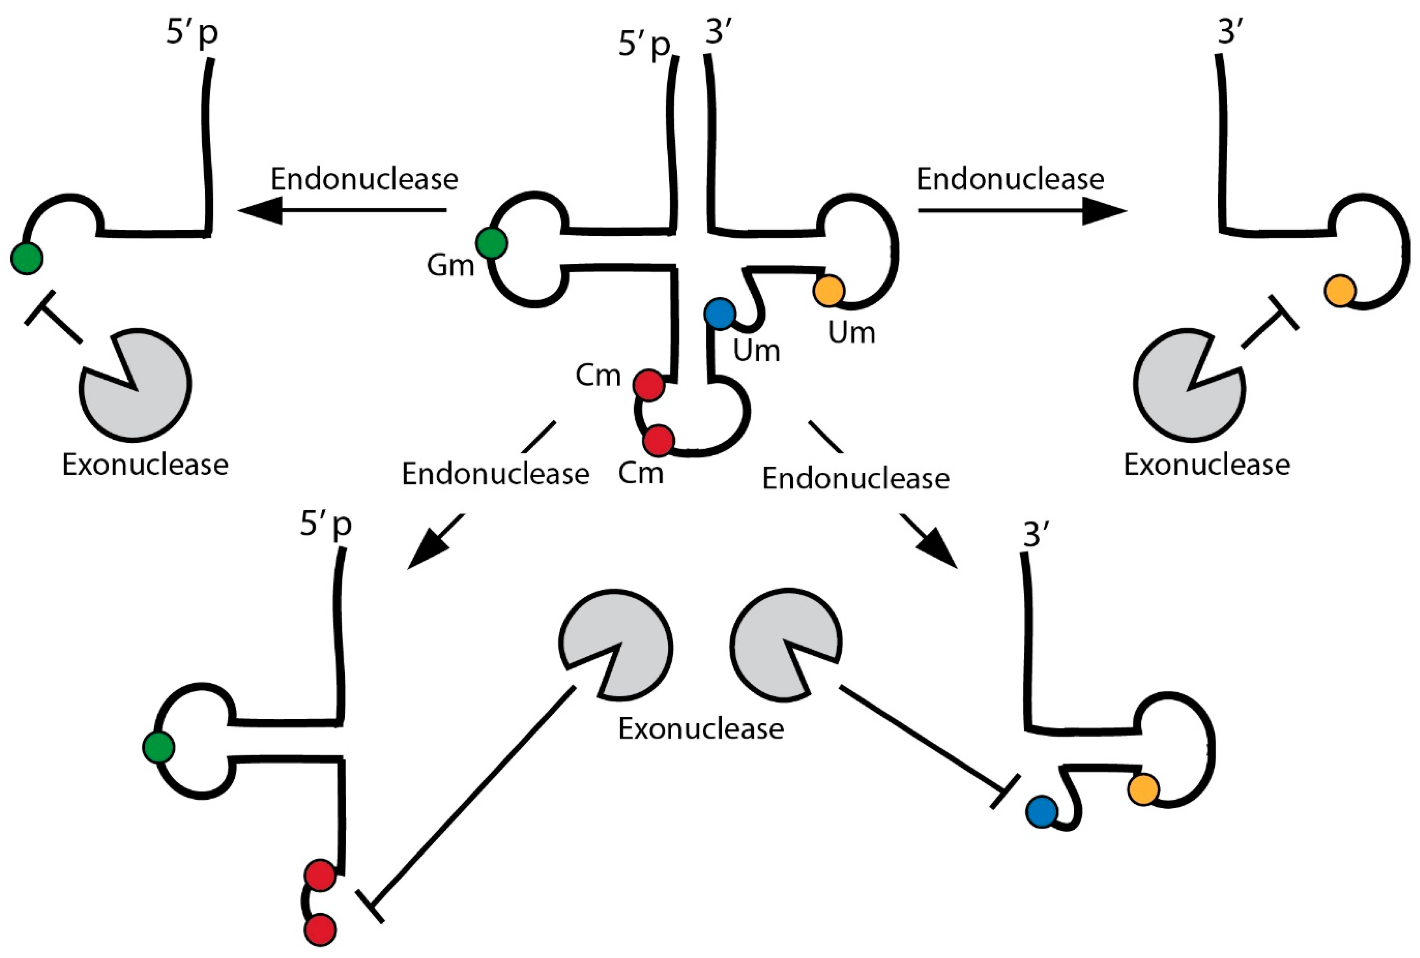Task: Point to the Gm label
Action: [x=450, y=265]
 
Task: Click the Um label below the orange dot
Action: [x=851, y=333]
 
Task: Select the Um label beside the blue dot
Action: [x=756, y=351]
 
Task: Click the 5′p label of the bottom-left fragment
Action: [x=326, y=524]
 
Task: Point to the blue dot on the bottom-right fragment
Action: [x=1042, y=811]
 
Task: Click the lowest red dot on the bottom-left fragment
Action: [x=320, y=930]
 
